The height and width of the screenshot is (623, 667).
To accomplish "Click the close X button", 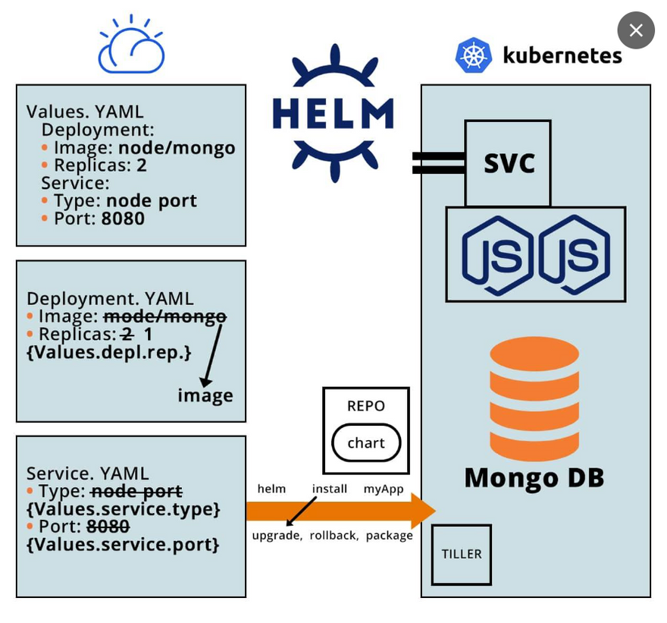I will click(636, 30).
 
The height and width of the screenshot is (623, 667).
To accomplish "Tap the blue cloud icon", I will click(131, 47).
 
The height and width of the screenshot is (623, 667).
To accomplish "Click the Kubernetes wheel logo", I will click(474, 55).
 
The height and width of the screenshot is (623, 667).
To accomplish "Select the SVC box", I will click(508, 163).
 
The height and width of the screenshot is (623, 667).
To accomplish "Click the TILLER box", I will click(462, 554).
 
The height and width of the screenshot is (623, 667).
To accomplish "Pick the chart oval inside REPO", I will click(366, 443).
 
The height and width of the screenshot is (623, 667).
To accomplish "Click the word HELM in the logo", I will click(333, 114).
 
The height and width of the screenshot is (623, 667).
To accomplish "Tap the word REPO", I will click(366, 406).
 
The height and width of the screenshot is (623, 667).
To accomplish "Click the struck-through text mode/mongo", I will click(164, 316).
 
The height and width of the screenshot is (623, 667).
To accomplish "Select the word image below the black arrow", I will click(205, 395).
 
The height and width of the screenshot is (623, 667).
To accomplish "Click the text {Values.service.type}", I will click(124, 508).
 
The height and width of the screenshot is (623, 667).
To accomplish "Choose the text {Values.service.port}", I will click(123, 544).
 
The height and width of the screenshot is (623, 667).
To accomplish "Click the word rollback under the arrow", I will click(333, 536).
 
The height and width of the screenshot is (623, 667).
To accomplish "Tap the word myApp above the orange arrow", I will click(384, 489).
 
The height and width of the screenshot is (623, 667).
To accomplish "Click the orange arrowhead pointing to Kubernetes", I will click(422, 511).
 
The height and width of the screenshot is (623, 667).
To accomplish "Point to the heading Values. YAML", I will click(85, 112).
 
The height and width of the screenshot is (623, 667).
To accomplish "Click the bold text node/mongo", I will click(177, 147).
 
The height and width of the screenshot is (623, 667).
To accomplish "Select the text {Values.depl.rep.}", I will click(109, 353).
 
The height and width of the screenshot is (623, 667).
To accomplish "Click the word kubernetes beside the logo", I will click(562, 55).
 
